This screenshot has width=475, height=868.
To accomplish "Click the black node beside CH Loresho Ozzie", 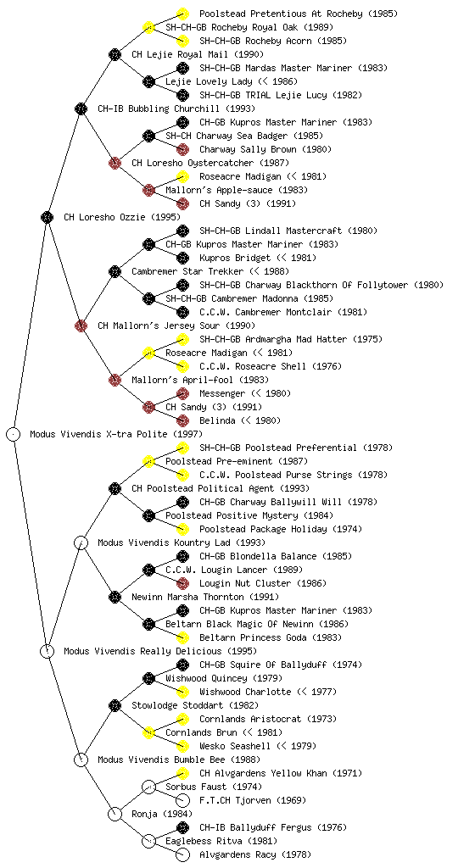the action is [47, 217].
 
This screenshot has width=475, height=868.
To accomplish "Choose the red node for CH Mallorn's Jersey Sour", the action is [81, 325].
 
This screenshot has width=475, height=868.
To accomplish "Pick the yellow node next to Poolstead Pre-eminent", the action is [148, 461].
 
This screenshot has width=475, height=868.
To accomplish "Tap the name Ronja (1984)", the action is [162, 814].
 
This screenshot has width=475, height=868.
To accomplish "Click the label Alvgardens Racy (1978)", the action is [255, 854].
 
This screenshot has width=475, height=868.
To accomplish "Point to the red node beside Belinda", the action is [182, 420].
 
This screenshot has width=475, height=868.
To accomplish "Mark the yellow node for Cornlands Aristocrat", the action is [182, 719].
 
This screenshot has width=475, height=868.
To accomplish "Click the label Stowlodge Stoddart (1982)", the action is [195, 705].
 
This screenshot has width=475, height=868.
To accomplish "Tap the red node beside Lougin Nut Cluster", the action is [182, 583].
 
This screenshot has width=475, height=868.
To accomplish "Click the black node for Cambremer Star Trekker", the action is [115, 271].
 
